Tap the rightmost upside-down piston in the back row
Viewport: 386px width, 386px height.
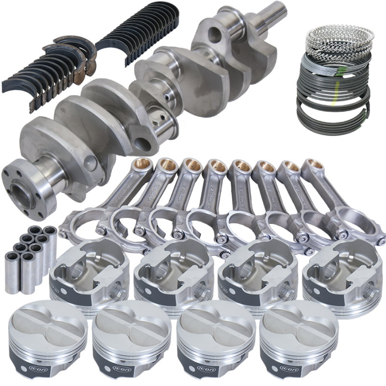pos(338,273)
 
